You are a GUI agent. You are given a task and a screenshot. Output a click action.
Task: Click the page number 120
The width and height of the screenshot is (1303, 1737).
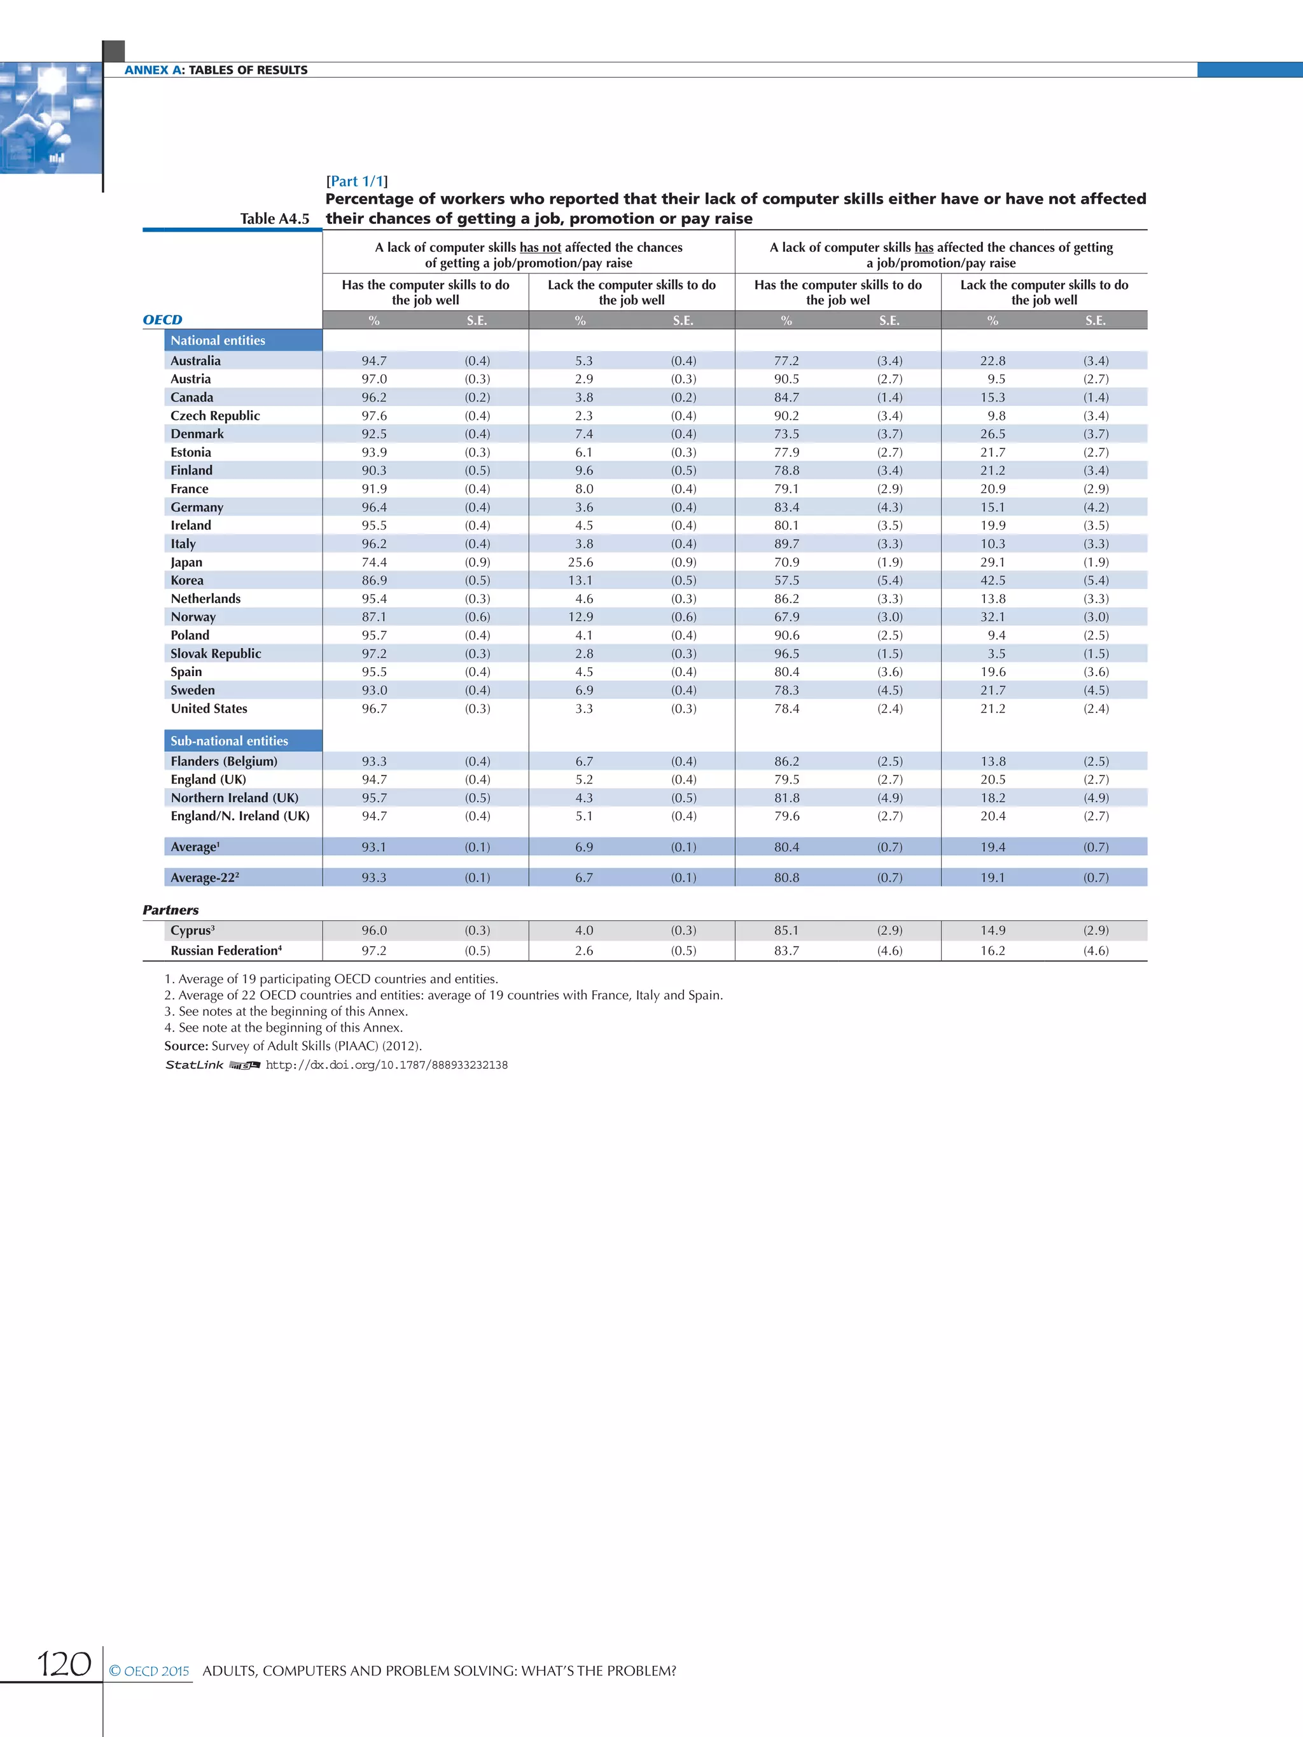pyautogui.click(x=64, y=1663)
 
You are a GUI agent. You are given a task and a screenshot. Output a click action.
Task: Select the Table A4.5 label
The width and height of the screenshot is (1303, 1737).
pyautogui.click(x=274, y=218)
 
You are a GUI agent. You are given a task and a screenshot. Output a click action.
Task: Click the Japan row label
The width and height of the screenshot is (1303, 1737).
pyautogui.click(x=186, y=562)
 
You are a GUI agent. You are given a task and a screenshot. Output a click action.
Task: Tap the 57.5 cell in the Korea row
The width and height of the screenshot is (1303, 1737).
pyautogui.click(x=786, y=580)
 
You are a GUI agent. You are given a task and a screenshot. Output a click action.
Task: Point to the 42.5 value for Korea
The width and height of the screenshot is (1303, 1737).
pyautogui.click(x=993, y=580)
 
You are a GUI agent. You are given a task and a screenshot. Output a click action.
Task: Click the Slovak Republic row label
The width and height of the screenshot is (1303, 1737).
pyautogui.click(x=216, y=653)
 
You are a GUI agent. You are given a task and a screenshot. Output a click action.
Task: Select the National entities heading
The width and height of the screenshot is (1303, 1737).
pyautogui.click(x=218, y=340)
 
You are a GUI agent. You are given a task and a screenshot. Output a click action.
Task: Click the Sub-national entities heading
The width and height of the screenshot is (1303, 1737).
pyautogui.click(x=229, y=740)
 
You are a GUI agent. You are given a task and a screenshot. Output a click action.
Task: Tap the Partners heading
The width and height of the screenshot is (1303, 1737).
pyautogui.click(x=171, y=910)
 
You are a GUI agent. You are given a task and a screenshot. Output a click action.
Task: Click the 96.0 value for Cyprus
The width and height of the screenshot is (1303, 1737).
pyautogui.click(x=374, y=930)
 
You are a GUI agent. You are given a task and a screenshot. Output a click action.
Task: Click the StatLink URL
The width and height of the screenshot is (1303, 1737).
pyautogui.click(x=386, y=1065)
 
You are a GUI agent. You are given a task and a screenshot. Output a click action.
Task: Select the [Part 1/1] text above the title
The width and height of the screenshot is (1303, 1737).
pyautogui.click(x=356, y=181)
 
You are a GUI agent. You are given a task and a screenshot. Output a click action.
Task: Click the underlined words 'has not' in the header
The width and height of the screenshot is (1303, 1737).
pyautogui.click(x=540, y=247)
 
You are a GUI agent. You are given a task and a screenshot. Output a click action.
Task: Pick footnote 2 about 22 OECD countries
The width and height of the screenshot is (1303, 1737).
pyautogui.click(x=443, y=995)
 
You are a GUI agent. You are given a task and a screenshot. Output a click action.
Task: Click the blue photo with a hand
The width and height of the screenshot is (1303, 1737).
pyautogui.click(x=50, y=118)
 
